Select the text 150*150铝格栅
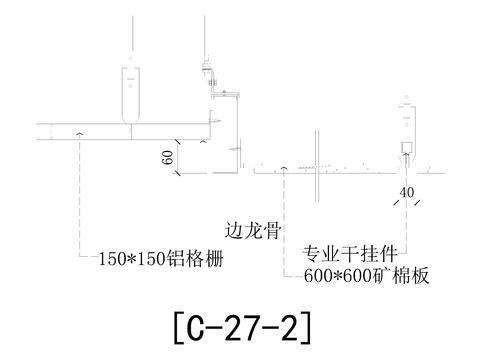[160, 259]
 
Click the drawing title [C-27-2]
[241, 325]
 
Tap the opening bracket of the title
[178, 325]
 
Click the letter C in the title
[198, 325]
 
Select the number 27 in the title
[241, 325]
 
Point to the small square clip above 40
[406, 149]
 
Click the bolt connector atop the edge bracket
[210, 73]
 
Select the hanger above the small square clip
[407, 116]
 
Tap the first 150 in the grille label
[113, 259]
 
